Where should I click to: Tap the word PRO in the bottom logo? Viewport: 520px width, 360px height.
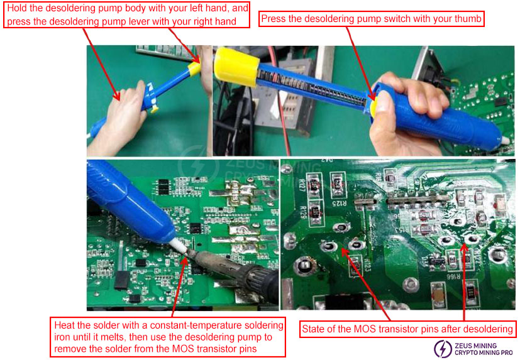[x=508, y=354]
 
